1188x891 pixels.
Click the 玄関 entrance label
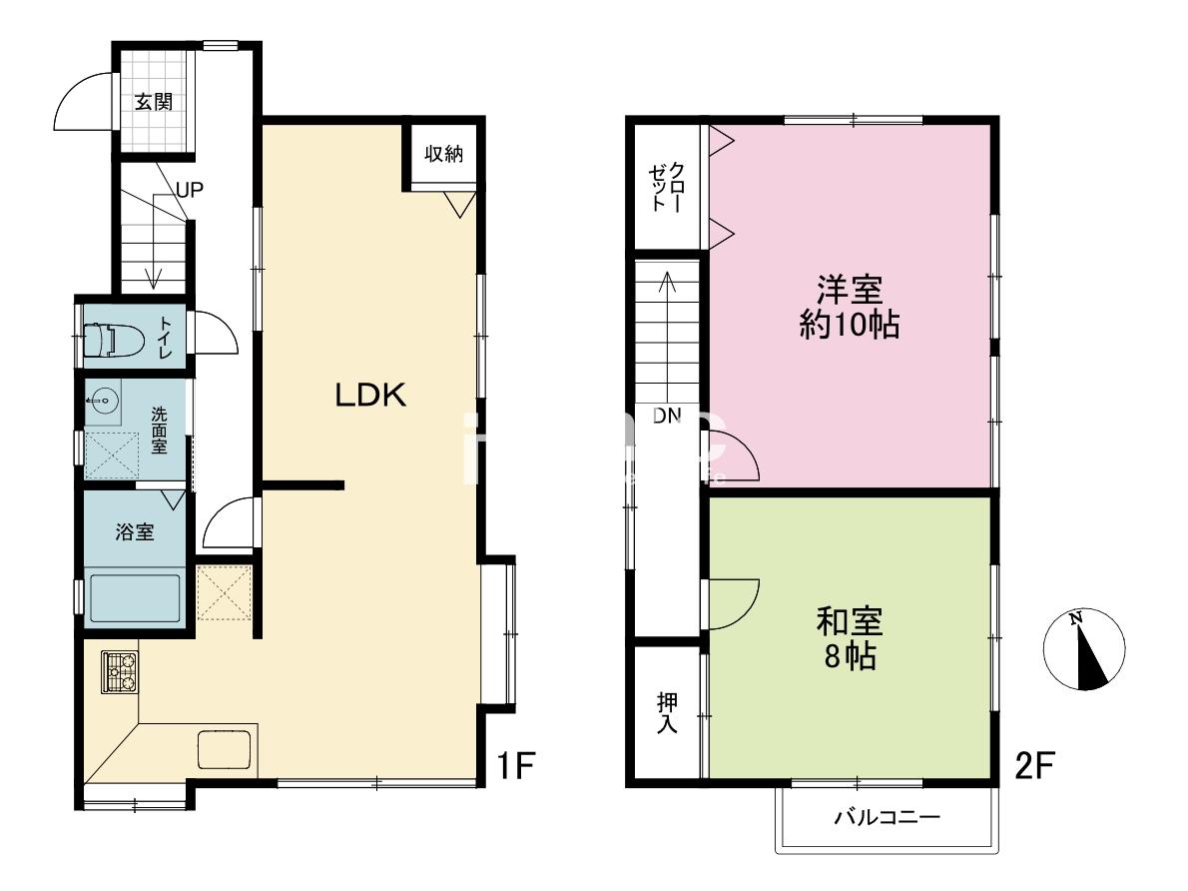click(154, 102)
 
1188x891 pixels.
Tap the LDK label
click(371, 396)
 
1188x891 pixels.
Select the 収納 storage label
click(443, 154)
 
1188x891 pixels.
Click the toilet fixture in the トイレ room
click(113, 340)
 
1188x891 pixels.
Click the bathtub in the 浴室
click(134, 599)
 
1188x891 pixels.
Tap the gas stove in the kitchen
click(120, 672)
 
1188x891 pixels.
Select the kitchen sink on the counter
click(225, 749)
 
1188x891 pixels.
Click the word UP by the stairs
click(190, 190)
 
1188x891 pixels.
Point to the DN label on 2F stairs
click(667, 416)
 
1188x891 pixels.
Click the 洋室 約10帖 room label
click(851, 307)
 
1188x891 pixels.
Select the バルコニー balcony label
click(888, 817)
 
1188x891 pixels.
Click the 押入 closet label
click(667, 713)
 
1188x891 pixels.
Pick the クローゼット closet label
click(667, 186)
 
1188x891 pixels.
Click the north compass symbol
click(1084, 650)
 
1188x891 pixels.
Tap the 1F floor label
click(516, 765)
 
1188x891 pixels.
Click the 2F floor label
click(1034, 765)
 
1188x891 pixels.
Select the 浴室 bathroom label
click(134, 532)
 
